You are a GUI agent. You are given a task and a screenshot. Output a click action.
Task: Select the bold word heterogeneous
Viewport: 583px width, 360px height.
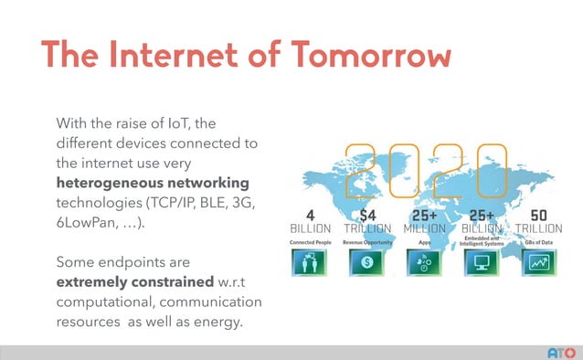click(110, 183)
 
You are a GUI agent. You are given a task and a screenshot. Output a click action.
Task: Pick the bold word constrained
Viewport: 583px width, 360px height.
click(177, 281)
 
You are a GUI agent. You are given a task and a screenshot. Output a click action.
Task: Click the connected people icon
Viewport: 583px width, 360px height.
click(305, 263)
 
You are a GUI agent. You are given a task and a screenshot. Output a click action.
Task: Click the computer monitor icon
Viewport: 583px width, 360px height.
click(481, 263)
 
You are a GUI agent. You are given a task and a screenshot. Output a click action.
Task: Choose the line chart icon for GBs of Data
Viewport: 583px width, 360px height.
click(538, 263)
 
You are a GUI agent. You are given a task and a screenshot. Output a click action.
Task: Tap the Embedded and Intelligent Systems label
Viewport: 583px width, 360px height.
click(482, 241)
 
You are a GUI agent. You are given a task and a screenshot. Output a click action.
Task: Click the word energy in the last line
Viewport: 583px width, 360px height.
click(216, 322)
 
